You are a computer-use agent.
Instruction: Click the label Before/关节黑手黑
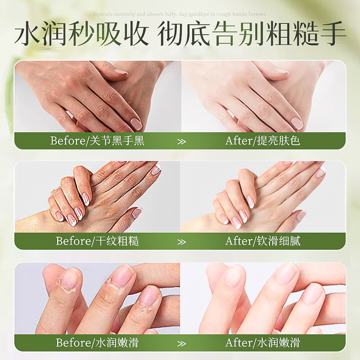[x=97, y=141]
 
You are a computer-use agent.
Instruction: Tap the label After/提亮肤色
[x=263, y=141]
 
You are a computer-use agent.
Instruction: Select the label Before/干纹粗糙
[x=97, y=241]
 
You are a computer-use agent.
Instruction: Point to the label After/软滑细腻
[x=263, y=241]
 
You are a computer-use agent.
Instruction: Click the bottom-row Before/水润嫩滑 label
[x=97, y=342]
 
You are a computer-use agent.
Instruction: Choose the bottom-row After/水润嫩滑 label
[x=263, y=342]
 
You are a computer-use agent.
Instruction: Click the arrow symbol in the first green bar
[x=181, y=141]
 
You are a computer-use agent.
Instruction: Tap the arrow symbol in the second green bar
[x=181, y=242]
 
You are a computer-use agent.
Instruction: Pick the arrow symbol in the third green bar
[x=181, y=343]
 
